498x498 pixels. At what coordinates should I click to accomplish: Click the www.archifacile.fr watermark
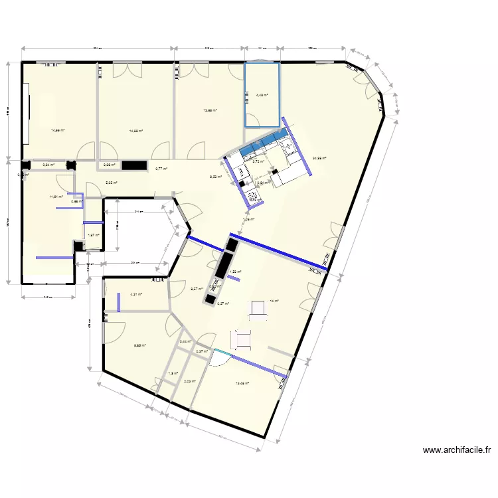click(x=457, y=450)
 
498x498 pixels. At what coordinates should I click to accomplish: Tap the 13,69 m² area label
click(x=210, y=111)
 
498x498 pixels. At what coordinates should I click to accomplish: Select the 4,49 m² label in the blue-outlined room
click(x=263, y=95)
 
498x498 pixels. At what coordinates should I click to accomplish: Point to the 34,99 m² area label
click(x=319, y=158)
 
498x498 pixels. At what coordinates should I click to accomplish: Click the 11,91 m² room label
click(x=56, y=197)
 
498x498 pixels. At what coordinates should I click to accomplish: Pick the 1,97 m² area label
click(x=94, y=234)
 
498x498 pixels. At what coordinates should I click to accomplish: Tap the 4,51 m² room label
click(x=137, y=295)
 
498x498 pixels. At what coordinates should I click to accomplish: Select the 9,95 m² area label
click(x=139, y=345)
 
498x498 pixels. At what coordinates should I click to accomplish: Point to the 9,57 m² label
click(x=196, y=289)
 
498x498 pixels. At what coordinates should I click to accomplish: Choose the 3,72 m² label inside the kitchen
click(x=258, y=161)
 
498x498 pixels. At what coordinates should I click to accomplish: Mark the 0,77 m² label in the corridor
click(x=161, y=169)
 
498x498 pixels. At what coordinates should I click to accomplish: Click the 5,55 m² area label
click(x=112, y=183)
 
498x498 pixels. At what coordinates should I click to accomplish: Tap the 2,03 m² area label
click(x=189, y=381)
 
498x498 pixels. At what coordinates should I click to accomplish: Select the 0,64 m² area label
click(x=48, y=165)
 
